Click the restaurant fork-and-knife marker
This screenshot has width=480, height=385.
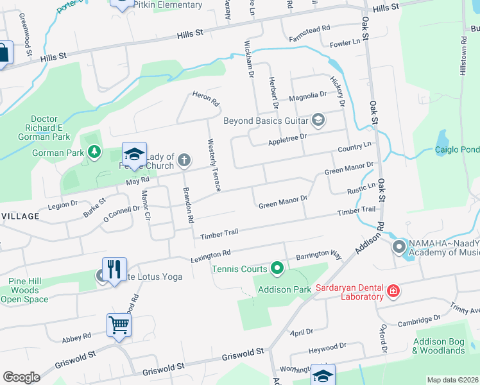pyautogui.click(x=114, y=269)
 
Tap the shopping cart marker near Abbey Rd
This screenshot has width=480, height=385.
pyautogui.click(x=119, y=325)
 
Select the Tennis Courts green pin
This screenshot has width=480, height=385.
pyautogui.click(x=277, y=268)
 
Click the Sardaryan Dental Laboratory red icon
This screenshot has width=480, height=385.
pyautogui.click(x=393, y=293)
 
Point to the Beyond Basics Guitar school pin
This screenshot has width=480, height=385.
pyautogui.click(x=318, y=120)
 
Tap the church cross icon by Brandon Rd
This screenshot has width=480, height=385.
pyautogui.click(x=184, y=159)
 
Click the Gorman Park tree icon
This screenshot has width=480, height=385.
pyautogui.click(x=95, y=152)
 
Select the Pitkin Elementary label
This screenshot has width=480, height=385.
pyautogui.click(x=169, y=5)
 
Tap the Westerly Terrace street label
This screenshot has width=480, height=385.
pyautogui.click(x=213, y=164)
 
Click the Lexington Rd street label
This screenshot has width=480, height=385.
pyautogui.click(x=210, y=255)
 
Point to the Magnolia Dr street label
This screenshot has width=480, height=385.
pyautogui.click(x=308, y=96)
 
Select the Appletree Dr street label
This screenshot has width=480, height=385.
pyautogui.click(x=287, y=137)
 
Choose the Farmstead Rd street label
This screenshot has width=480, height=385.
pyautogui.click(x=309, y=30)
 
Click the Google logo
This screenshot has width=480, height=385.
pyautogui.click(x=21, y=377)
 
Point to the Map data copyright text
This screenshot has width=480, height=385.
pyautogui.click(x=452, y=380)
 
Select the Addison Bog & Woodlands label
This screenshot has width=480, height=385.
pyautogui.click(x=438, y=346)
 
